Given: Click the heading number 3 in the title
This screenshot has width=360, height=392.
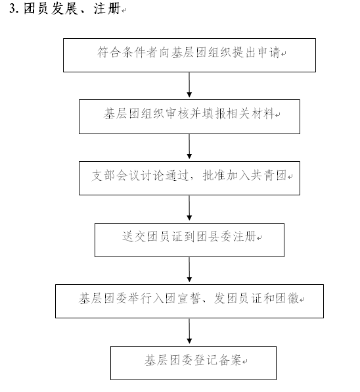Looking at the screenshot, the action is [x=13, y=9].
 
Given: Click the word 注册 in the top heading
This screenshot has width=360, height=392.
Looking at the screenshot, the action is [x=107, y=9].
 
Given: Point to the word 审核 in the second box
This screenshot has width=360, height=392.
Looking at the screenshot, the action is [x=177, y=114].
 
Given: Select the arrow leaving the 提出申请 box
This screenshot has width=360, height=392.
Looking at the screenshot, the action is [x=189, y=85].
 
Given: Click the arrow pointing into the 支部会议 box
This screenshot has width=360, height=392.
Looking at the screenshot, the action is [x=189, y=147].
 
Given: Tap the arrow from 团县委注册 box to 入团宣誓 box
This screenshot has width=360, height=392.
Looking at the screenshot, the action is [x=189, y=270].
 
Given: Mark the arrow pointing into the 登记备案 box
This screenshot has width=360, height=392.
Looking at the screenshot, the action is [x=189, y=331].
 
